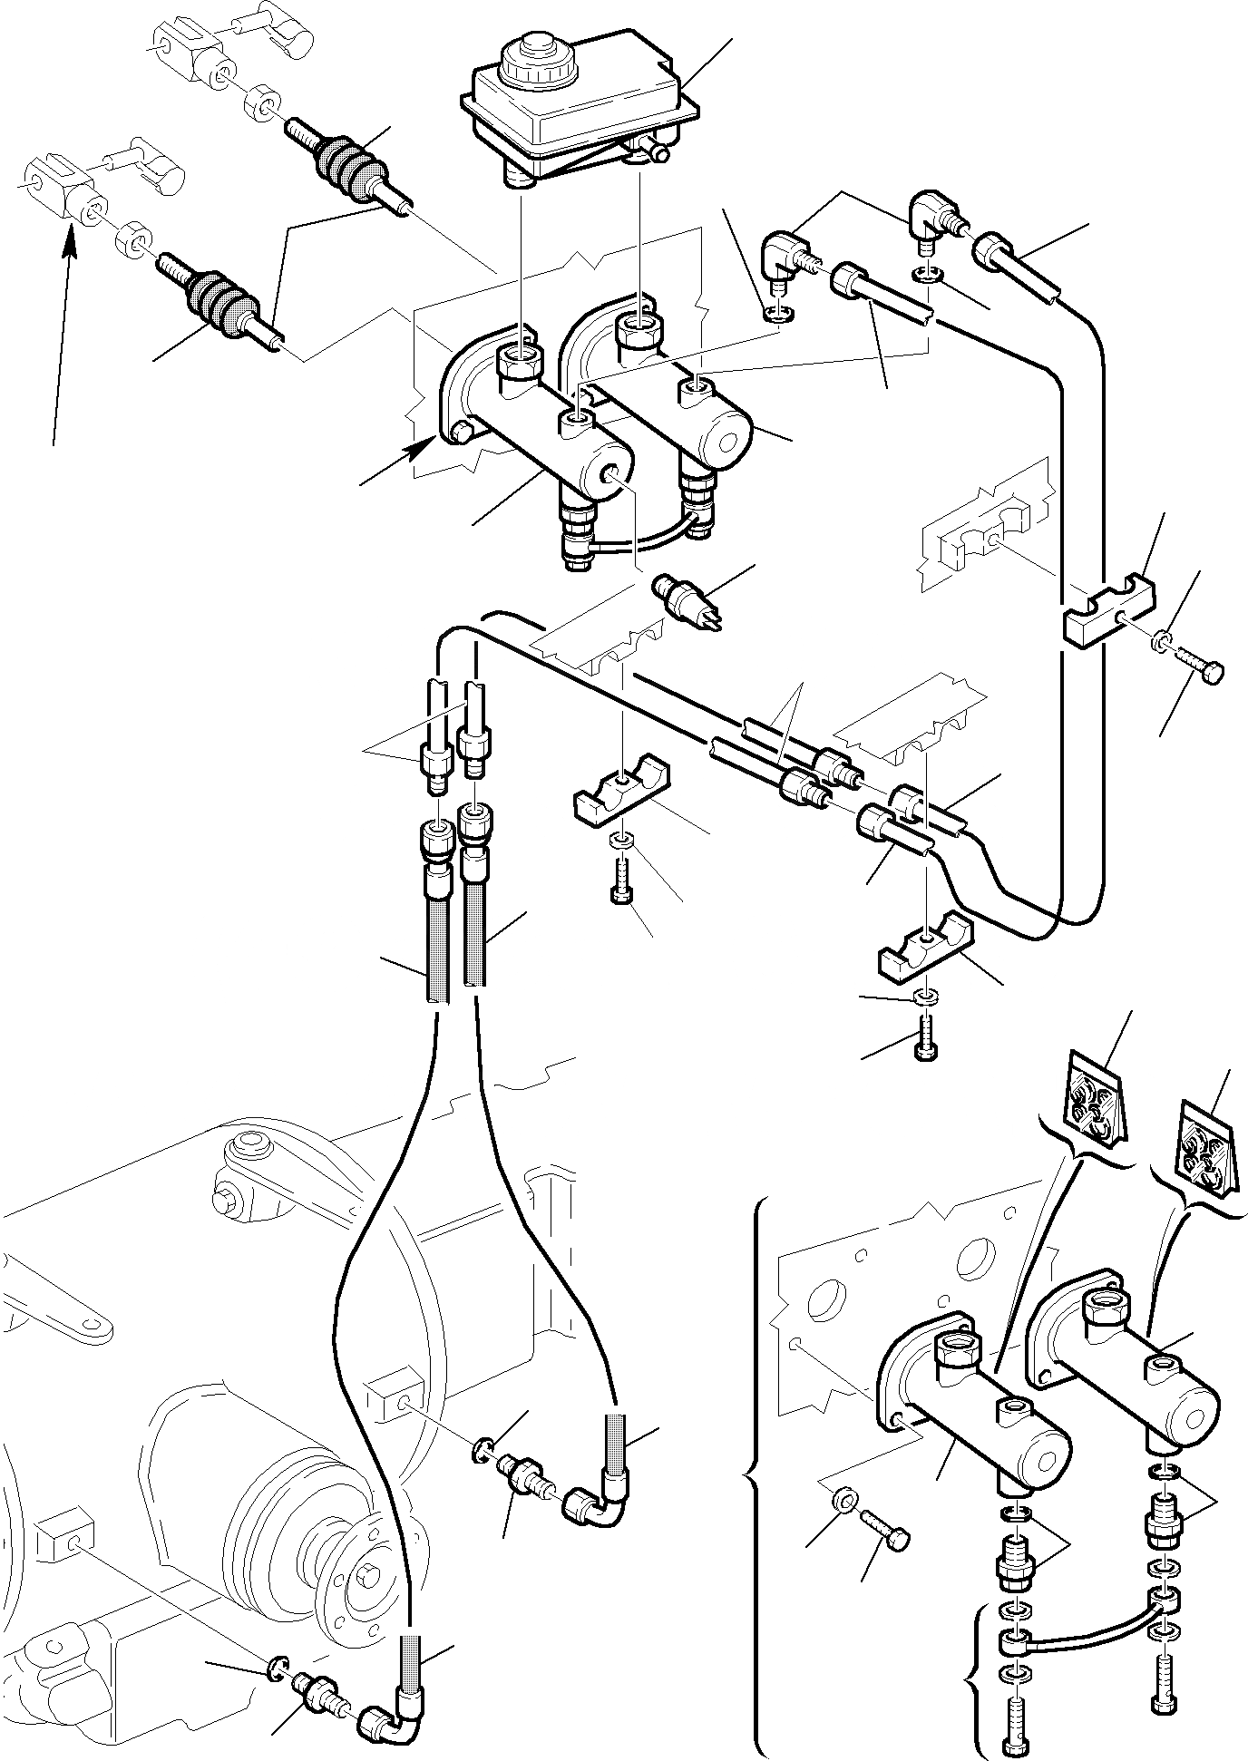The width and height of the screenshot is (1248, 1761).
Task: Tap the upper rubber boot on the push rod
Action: pyautogui.click(x=348, y=163)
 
